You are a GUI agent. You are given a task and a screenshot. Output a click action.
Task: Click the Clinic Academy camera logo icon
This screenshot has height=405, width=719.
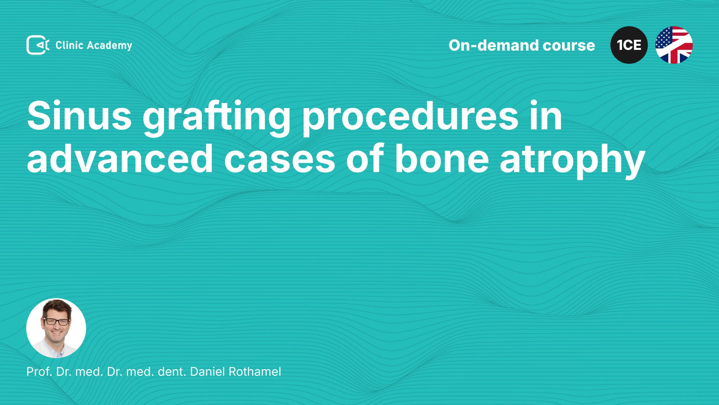[38, 45]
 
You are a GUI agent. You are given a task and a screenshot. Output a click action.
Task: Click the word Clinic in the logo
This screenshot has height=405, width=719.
[69, 45]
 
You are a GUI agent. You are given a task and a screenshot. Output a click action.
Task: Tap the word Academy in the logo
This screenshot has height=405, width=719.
[109, 46]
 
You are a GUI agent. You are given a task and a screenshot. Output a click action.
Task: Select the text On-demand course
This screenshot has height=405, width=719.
[522, 45]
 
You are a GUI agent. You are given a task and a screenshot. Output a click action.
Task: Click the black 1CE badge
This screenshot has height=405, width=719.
[629, 45]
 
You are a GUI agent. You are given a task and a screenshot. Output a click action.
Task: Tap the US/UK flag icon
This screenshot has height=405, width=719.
[674, 45]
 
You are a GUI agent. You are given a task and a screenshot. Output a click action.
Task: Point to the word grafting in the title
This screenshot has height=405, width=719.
[216, 118]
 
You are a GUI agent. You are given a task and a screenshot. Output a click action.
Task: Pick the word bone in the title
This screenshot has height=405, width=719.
[442, 158]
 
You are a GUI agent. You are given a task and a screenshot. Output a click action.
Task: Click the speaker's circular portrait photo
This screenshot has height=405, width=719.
[56, 328]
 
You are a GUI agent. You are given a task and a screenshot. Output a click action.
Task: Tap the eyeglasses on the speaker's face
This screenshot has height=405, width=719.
[56, 322]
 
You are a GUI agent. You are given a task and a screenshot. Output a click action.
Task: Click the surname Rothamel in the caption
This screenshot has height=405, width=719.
[255, 372]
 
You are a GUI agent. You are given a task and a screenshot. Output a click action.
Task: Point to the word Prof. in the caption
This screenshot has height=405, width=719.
[39, 372]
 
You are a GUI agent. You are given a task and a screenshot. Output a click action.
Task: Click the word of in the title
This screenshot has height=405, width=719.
[365, 158]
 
